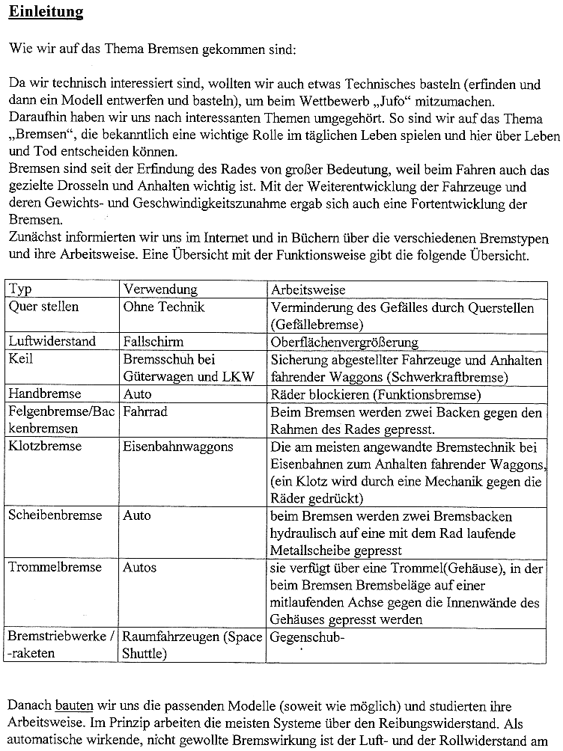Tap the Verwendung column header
160,289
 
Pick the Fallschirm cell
153,341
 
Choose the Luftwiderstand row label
52,341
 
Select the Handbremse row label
45,393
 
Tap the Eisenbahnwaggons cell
178,447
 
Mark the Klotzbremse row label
45,447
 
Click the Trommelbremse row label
55,568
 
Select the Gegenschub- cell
306,637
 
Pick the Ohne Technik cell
164,307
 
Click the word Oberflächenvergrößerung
344,342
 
